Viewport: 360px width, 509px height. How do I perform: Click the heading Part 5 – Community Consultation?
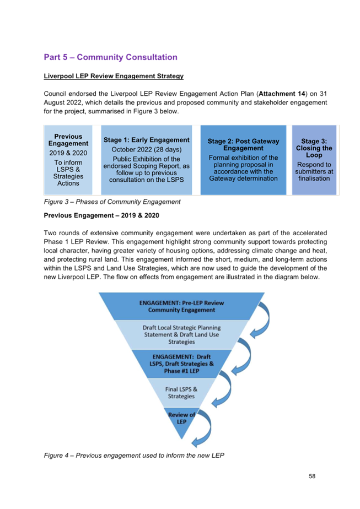pyautogui.click(x=110, y=57)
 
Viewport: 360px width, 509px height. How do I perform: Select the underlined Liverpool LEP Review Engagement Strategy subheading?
pyautogui.click(x=114, y=76)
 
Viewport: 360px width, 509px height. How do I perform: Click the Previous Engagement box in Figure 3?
pyautogui.click(x=68, y=160)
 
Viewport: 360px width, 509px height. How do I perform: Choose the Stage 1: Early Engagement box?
pyautogui.click(x=147, y=160)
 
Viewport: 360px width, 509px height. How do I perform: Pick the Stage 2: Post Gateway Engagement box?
pyautogui.click(x=243, y=160)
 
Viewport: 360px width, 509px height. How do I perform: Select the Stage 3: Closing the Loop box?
pyautogui.click(x=314, y=160)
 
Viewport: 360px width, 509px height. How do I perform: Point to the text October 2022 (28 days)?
pyautogui.click(x=147, y=149)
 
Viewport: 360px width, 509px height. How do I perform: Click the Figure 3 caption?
pyautogui.click(x=112, y=202)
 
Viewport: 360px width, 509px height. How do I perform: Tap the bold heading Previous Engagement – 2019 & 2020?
pyautogui.click(x=101, y=215)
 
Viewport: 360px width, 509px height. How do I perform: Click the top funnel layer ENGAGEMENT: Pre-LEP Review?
pyautogui.click(x=181, y=306)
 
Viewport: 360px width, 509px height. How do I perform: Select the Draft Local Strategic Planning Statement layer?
pyautogui.click(x=181, y=335)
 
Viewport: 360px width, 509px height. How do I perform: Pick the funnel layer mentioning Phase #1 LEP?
pyautogui.click(x=181, y=364)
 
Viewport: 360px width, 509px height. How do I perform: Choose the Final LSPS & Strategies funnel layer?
pyautogui.click(x=181, y=393)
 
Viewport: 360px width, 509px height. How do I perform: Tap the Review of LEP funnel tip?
pyautogui.click(x=181, y=420)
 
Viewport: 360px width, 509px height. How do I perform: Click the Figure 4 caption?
pyautogui.click(x=134, y=455)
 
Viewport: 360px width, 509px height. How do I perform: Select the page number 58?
pyautogui.click(x=312, y=476)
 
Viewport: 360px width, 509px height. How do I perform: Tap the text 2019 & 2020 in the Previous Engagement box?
pyautogui.click(x=68, y=153)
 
